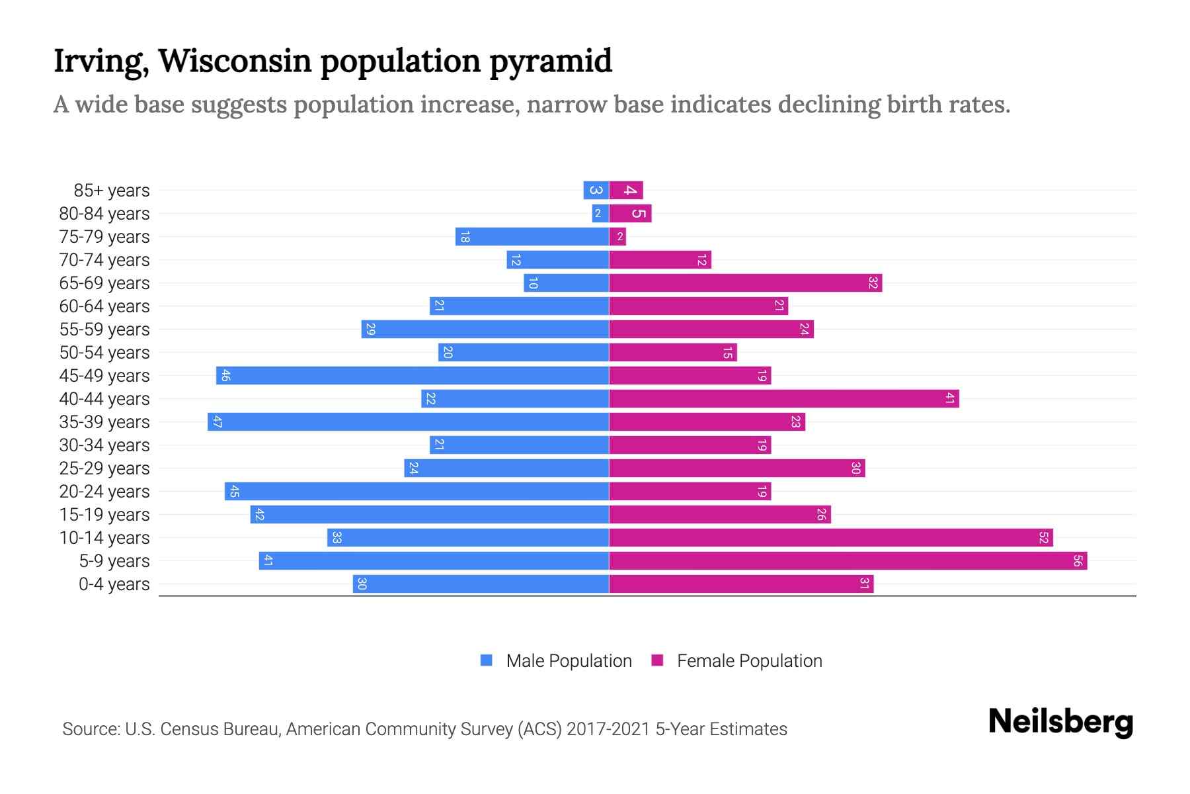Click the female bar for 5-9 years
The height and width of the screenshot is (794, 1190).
point(848,561)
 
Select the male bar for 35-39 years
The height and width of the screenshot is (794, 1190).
point(408,422)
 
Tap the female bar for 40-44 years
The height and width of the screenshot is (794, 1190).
point(783,399)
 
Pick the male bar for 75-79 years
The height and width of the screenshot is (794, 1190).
point(532,237)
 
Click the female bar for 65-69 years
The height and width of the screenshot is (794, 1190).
point(745,283)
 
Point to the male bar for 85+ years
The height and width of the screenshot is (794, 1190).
point(596,191)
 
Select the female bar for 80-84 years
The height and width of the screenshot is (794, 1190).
point(630,214)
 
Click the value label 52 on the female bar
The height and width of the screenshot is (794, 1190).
point(1043,538)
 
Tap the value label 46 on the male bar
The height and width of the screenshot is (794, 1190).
point(225,376)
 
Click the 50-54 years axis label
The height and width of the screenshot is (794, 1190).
point(104,353)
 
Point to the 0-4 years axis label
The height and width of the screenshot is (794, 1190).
point(114,584)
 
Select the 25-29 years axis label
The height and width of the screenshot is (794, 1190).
point(104,468)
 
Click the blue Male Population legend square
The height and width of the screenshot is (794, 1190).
point(487,660)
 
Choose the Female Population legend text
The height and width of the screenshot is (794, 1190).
point(749,661)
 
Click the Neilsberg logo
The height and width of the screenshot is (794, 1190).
point(1060,722)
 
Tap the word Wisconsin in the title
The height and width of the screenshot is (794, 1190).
point(235,61)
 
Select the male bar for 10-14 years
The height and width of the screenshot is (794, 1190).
point(467,538)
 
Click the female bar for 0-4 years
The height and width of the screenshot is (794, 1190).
point(740,584)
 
